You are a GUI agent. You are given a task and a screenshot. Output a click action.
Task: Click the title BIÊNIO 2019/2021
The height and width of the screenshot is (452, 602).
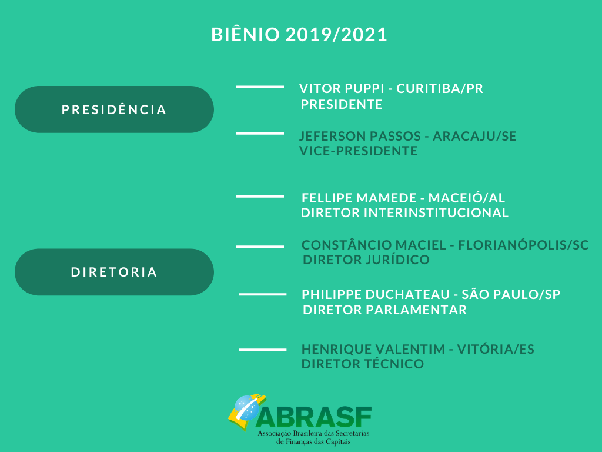[299, 34]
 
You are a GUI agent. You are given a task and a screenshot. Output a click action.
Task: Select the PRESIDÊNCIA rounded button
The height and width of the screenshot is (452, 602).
[115, 109]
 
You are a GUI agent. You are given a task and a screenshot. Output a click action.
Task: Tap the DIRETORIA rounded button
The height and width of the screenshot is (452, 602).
[115, 272]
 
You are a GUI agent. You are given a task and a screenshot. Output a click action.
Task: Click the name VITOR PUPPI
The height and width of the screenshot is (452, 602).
[342, 88]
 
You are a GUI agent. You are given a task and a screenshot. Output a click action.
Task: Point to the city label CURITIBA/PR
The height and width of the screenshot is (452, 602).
[440, 88]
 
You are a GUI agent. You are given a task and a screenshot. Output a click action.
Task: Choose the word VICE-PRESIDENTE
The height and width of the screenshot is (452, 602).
[358, 151]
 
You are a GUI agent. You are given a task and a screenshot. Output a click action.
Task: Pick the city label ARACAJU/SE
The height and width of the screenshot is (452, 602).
[474, 136]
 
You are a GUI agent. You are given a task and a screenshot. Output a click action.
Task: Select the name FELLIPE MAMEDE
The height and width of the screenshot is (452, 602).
[359, 198]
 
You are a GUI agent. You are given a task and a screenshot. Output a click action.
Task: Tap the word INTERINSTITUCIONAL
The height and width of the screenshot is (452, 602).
[436, 212]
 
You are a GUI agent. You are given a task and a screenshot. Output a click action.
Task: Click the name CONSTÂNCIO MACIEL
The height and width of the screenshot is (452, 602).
[374, 245]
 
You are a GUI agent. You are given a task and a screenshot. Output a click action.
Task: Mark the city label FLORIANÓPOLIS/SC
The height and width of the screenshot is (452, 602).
[523, 245]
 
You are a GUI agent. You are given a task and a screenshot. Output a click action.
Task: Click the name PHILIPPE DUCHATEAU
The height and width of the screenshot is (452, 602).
[376, 294]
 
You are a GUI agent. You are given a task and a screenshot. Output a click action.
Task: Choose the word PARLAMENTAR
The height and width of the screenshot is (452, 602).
[416, 310]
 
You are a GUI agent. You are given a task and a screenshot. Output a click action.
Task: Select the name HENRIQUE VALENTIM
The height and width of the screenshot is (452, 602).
[373, 349]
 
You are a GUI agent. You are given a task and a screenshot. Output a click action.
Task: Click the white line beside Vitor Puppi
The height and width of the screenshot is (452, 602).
[260, 87]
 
